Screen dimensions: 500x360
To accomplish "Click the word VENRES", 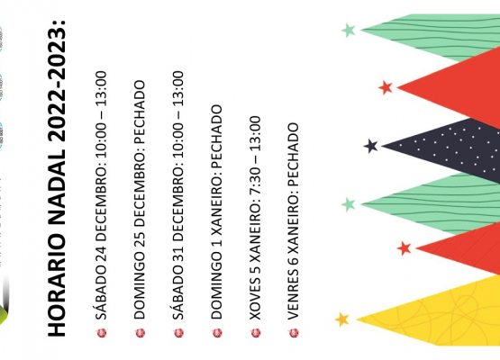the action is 294,293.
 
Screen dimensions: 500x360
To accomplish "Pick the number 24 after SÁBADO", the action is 101,253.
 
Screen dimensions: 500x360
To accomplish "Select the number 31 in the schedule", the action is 178,253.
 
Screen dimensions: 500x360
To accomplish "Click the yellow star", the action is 342,319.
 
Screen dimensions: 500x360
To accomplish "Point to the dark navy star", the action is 370,146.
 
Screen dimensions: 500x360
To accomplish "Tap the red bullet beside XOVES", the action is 256,333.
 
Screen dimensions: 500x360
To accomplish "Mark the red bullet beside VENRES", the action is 294,333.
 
